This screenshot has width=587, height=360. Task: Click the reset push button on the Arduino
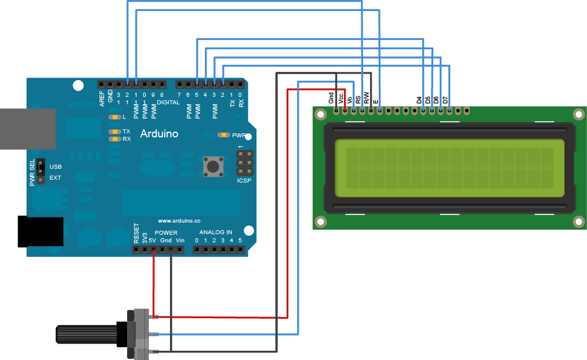click(212, 166)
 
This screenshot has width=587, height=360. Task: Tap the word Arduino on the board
click(160, 134)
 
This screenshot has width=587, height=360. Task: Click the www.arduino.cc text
click(179, 221)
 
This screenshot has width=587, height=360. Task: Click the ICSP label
click(245, 181)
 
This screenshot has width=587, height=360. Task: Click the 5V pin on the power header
click(153, 250)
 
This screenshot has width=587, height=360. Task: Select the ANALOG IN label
click(216, 232)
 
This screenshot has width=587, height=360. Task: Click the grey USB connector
click(26, 128)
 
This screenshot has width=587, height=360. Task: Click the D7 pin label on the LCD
click(445, 100)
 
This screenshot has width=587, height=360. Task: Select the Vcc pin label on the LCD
click(341, 99)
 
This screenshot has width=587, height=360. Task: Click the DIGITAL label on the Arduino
click(168, 102)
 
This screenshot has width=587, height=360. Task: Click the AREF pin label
click(102, 97)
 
